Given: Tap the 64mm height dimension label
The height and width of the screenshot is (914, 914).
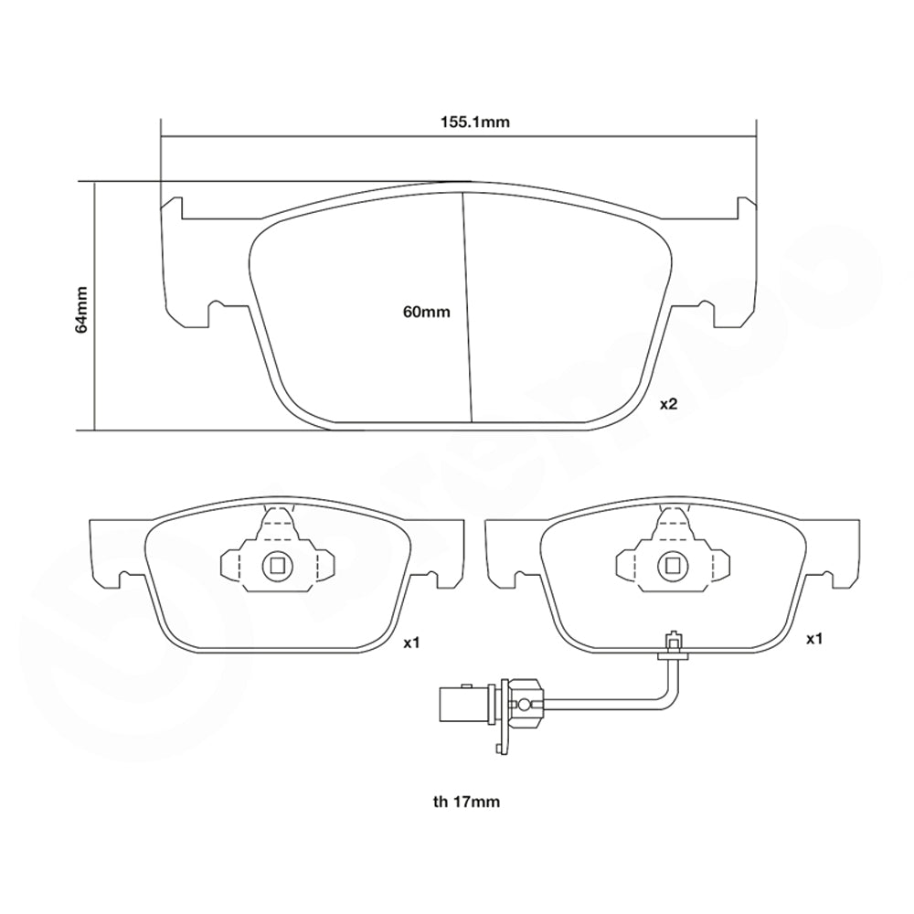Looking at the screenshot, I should point(81,308).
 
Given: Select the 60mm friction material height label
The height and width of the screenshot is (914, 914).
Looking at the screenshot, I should point(427,312).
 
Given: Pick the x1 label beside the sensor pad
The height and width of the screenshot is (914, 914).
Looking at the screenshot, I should point(813,640).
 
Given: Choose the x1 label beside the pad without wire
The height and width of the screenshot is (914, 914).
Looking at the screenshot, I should point(411,643).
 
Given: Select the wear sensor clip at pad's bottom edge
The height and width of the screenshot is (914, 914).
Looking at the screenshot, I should point(673,643).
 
